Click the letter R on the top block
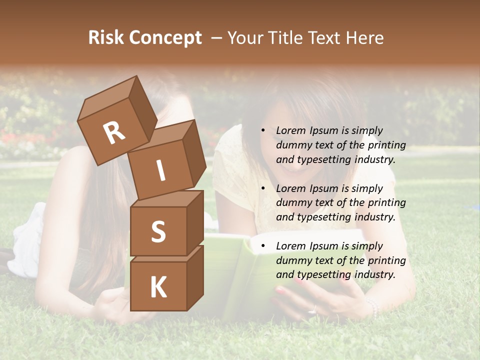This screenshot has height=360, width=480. click(114, 132)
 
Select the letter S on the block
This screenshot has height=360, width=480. click(158, 231)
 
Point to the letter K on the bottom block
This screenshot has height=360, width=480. click(158, 287)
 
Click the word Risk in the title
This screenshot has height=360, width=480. click(106, 38)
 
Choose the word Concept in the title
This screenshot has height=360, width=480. click(165, 38)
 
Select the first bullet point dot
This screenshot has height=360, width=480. click(263, 131)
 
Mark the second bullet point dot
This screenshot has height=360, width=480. click(263, 189)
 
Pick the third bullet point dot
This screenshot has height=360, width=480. click(263, 246)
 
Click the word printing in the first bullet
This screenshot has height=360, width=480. click(387, 145)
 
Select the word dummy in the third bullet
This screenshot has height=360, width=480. click(292, 260)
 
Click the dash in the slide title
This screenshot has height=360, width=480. click(216, 38)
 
